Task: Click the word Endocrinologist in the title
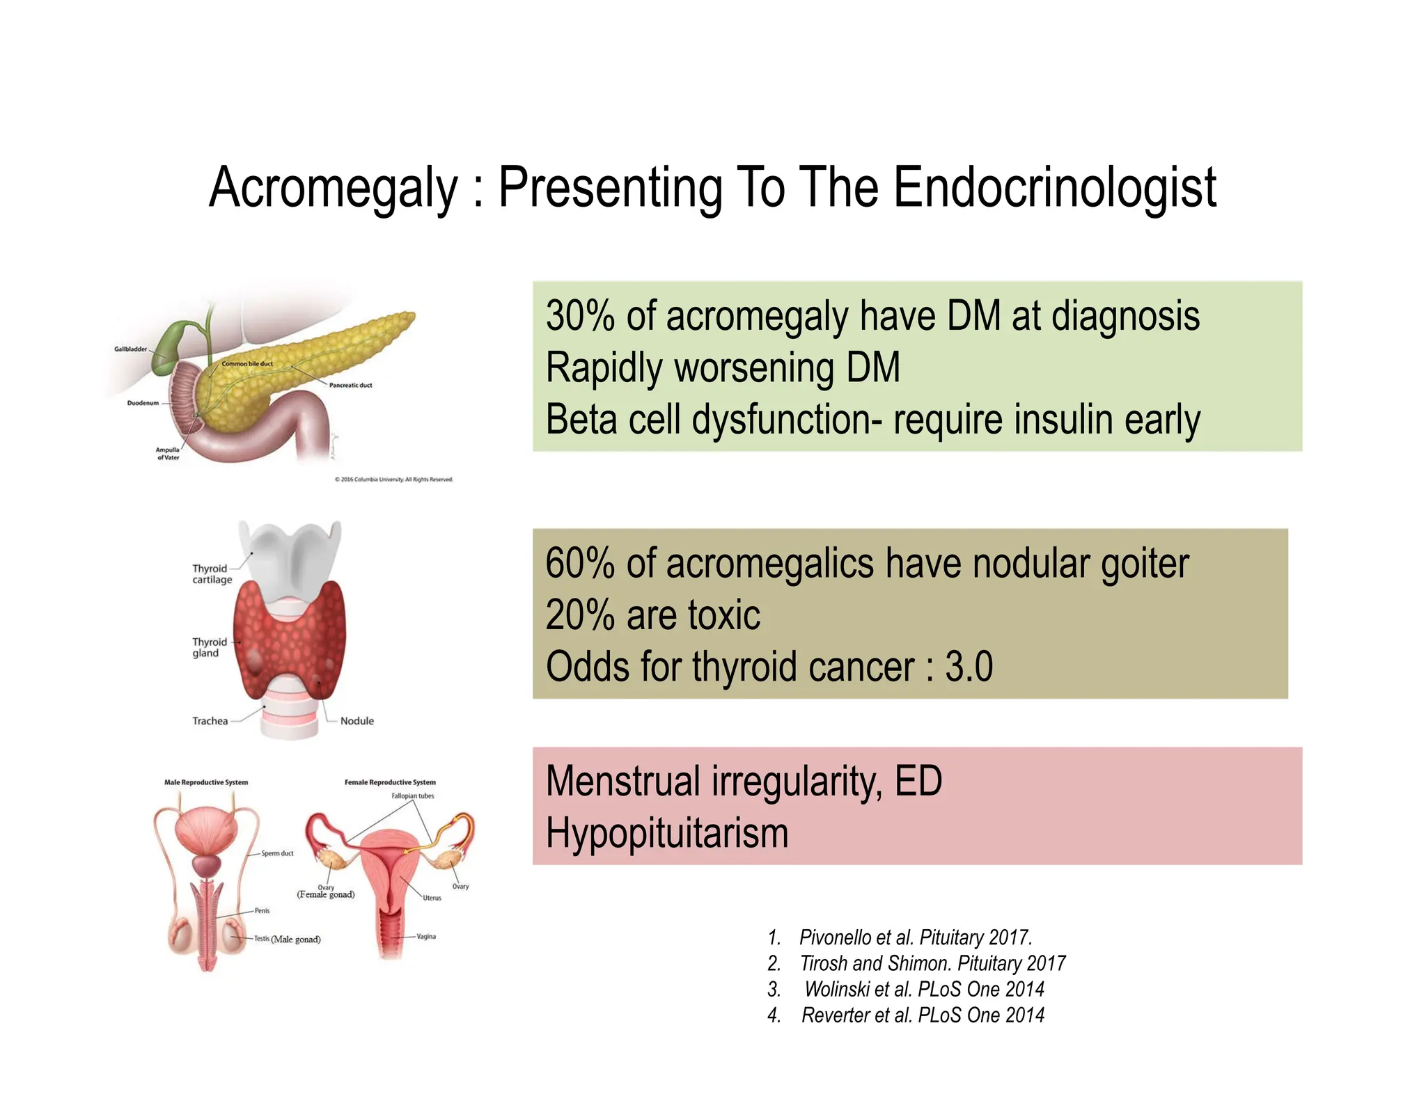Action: point(1054,188)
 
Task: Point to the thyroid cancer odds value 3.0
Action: point(969,666)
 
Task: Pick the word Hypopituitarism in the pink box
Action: point(666,833)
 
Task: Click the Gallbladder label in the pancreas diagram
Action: point(131,349)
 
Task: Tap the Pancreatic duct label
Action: point(350,385)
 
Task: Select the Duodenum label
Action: point(143,403)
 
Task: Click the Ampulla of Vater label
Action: point(167,454)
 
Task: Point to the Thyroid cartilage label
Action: point(212,574)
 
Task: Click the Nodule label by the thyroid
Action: point(356,721)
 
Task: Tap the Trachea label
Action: point(210,721)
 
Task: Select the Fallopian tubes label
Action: point(412,796)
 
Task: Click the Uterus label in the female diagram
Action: point(432,898)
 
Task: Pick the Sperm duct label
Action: point(277,853)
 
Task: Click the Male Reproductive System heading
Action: point(206,782)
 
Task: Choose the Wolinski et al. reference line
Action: point(923,989)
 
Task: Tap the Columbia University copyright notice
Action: point(393,480)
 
